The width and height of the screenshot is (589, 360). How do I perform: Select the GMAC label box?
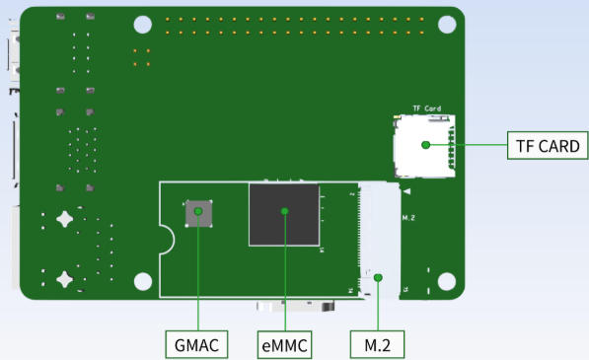pyautogui.click(x=196, y=344)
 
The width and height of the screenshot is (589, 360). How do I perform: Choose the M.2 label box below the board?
pyautogui.click(x=377, y=344)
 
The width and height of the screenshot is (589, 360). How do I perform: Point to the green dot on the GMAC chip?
pyautogui.click(x=199, y=211)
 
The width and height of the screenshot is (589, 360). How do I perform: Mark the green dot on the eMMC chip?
pyautogui.click(x=284, y=211)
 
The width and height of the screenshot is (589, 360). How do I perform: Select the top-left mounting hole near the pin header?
pyautogui.click(x=143, y=25)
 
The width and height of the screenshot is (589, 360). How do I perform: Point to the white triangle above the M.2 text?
pyautogui.click(x=405, y=189)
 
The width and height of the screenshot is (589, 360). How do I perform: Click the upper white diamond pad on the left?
pyautogui.click(x=64, y=219)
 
